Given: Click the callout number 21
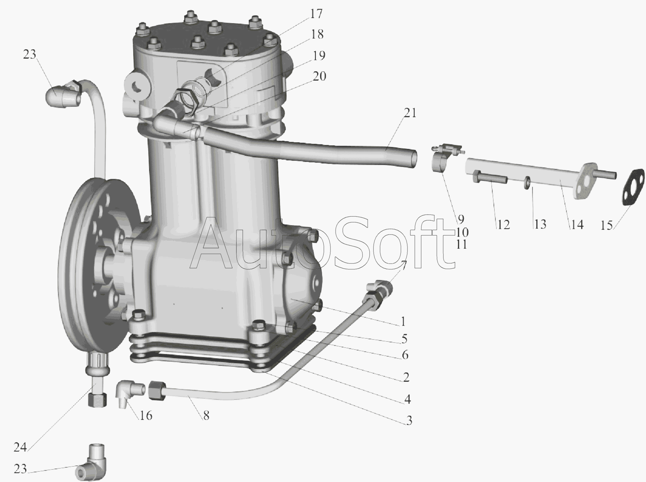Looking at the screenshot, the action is pos(410,113).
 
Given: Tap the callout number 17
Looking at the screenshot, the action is pos(316,14).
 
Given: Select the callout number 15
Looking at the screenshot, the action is pos(607,226).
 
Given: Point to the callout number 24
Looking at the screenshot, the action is pos(20,447).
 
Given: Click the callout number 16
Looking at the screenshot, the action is pos(146,416).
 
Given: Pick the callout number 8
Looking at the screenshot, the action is pos(206,416).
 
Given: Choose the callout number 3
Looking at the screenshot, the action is pos(409,421).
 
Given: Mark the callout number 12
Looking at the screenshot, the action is pos(503,225).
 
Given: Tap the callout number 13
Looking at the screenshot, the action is pos(540,224).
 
